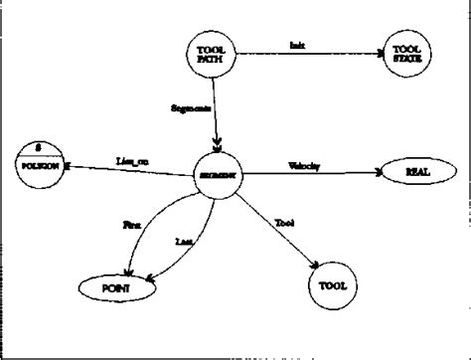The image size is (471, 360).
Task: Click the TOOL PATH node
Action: coord(210,56)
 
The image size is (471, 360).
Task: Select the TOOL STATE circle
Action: coord(406,57)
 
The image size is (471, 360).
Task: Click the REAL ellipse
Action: coord(415,173)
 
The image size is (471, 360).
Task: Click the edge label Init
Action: coord(297,47)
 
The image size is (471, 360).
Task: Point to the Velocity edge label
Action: coord(303,164)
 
